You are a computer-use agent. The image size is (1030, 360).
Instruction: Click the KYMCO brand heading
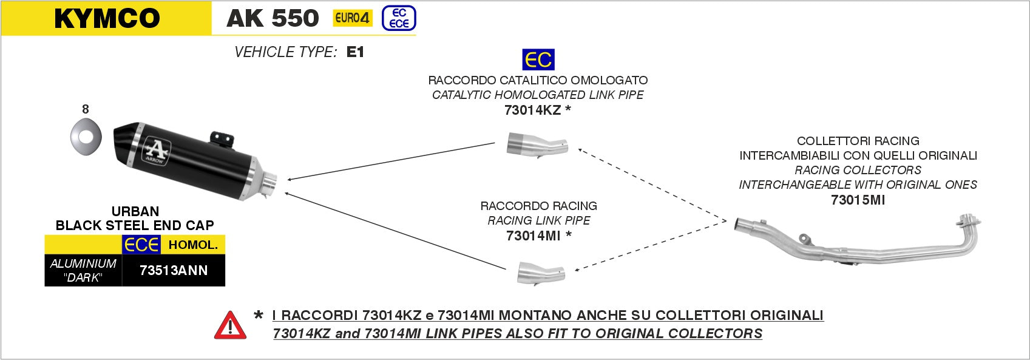107,18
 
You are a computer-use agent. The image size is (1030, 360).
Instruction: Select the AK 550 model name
273,18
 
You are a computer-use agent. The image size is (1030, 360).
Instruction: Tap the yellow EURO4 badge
352,18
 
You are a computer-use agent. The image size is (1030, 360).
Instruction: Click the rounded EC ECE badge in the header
399,18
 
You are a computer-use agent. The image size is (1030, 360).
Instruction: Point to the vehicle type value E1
356,52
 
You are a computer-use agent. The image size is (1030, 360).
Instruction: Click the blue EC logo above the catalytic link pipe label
538,59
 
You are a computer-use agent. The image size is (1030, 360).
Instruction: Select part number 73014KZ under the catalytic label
532,110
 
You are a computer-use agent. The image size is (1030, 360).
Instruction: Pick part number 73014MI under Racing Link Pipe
533,236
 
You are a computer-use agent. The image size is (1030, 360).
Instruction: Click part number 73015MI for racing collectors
858,200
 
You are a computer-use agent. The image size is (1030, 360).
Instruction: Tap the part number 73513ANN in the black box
174,270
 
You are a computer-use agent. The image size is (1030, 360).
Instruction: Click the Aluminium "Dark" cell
83,270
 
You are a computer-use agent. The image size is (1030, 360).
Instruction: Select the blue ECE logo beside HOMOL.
141,245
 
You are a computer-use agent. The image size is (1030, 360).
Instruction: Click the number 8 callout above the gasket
85,109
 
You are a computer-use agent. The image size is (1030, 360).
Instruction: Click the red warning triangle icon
230,325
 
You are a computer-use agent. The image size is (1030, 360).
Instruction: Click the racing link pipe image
541,273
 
